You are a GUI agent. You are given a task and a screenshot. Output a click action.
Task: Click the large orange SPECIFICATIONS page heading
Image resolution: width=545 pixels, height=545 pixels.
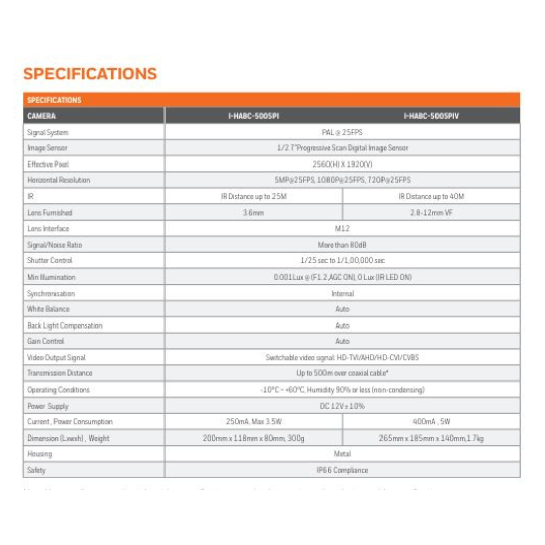tap(90, 74)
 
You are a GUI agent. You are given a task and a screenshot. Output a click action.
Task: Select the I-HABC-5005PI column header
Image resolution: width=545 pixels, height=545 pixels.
tap(253, 116)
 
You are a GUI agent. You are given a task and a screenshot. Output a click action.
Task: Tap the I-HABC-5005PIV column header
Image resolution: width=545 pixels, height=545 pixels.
tap(431, 116)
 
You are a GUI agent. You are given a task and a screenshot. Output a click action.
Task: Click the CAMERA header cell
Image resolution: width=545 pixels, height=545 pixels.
tap(42, 116)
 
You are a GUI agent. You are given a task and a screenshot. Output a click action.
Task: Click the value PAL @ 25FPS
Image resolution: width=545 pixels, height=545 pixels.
tap(342, 132)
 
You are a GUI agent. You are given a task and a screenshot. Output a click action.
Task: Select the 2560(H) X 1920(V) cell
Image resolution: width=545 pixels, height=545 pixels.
tap(342, 164)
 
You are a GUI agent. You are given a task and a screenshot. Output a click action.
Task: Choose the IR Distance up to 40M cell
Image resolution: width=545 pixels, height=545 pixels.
tap(431, 196)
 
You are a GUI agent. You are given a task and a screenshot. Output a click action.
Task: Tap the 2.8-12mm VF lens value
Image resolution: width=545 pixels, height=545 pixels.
tap(431, 212)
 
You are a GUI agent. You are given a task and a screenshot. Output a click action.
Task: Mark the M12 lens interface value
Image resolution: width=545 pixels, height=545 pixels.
tap(342, 229)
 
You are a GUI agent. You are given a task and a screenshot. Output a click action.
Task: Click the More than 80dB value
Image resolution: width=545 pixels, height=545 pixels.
tap(342, 245)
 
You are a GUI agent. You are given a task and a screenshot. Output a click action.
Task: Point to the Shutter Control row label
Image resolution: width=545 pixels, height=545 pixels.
tap(49, 261)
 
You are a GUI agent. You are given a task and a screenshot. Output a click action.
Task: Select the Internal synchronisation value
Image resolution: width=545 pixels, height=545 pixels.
tap(342, 293)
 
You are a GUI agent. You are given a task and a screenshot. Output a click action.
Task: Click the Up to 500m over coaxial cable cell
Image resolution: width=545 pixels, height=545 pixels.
tap(342, 373)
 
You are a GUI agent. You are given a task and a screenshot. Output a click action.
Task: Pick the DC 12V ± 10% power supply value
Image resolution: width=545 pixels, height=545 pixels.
tap(342, 406)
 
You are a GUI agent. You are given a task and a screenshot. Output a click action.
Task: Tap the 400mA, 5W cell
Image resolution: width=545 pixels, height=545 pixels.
tap(431, 422)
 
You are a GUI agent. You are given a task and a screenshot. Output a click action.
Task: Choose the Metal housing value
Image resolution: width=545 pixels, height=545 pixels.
tap(342, 454)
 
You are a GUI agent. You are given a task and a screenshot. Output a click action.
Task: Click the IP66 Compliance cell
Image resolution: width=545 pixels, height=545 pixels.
tap(342, 470)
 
